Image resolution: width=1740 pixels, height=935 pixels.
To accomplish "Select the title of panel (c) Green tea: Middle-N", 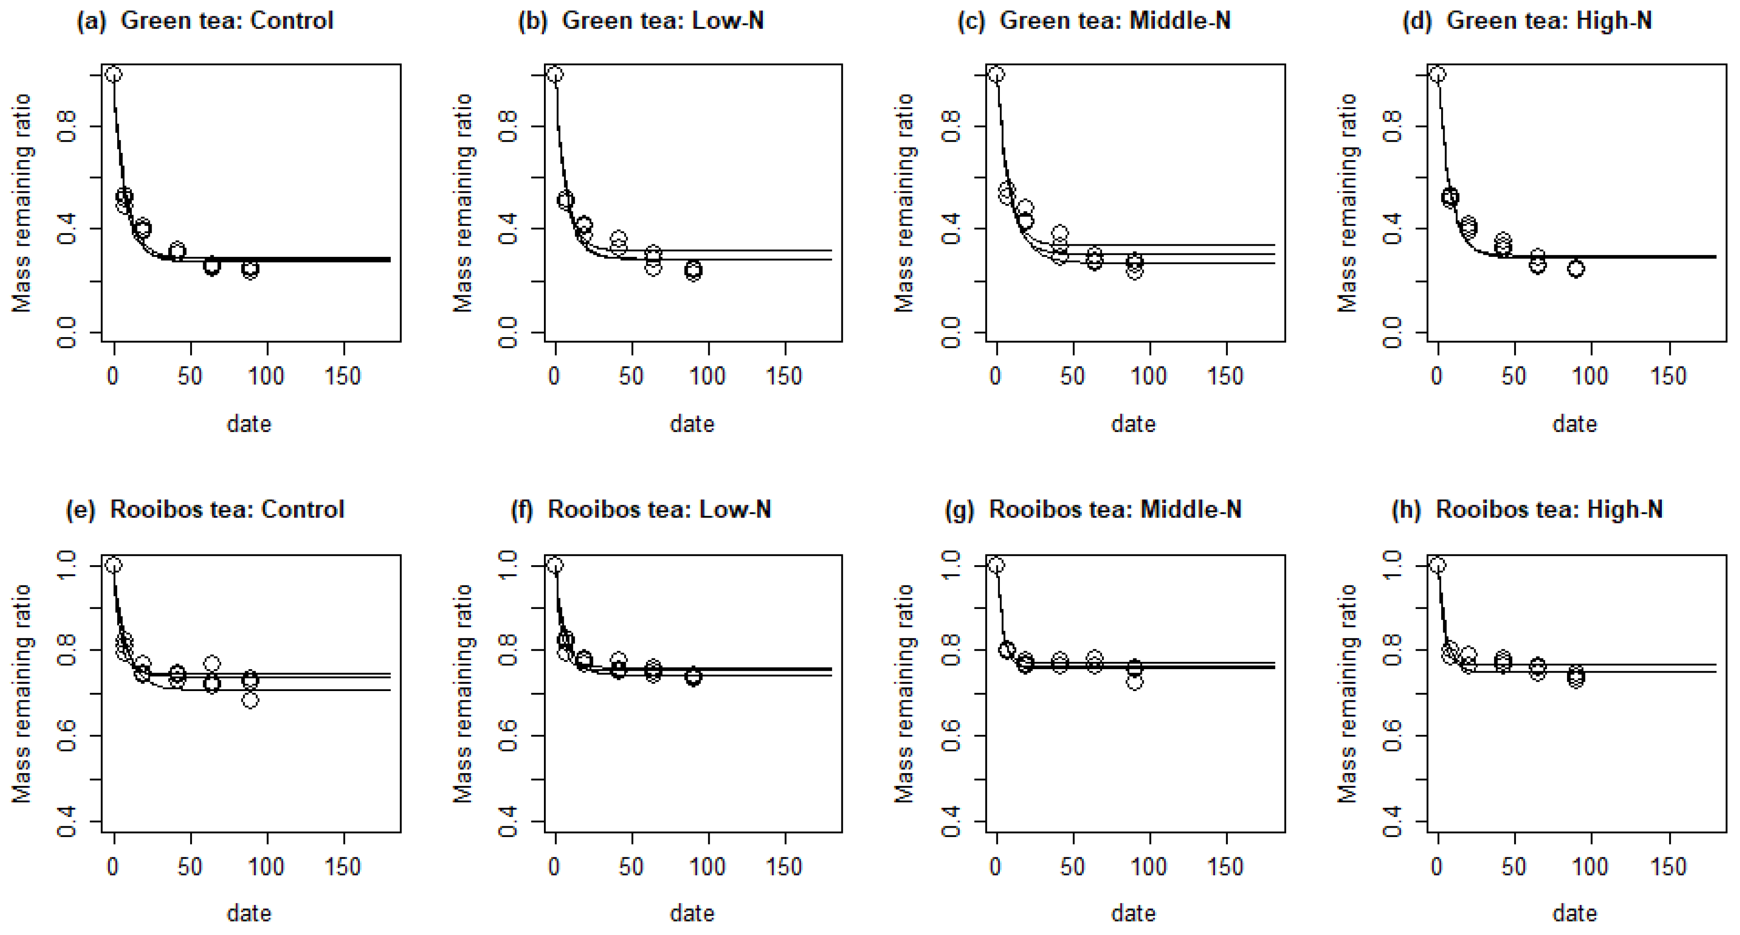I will coord(1094,21).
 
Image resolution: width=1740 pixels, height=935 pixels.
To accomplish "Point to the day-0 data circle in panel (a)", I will coord(113,74).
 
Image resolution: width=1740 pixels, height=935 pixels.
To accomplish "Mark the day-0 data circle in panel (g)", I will coord(996,565).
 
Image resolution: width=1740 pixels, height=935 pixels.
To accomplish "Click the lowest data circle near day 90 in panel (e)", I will coord(250,700).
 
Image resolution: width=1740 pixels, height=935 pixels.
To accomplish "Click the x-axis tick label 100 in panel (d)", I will coord(1590,376).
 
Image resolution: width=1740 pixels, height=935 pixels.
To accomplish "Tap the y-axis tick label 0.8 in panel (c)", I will coord(950,126).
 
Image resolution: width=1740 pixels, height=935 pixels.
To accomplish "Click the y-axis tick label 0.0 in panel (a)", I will coord(66,332).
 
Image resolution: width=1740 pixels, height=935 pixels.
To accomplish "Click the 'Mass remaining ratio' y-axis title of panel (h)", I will coord(1347,693).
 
